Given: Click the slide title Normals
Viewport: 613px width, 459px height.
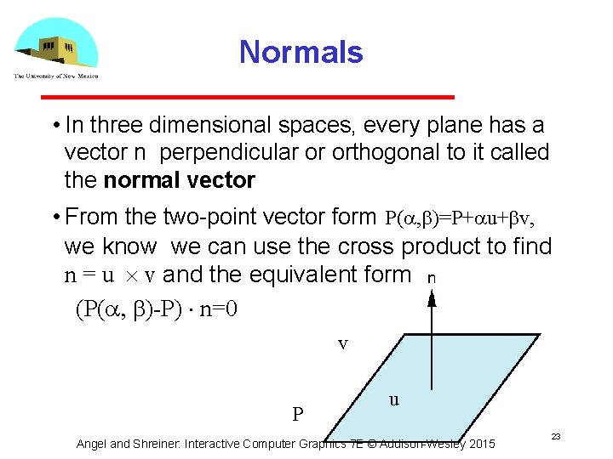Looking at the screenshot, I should click(301, 52).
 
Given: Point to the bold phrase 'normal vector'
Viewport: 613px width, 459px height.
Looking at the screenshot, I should click(179, 180).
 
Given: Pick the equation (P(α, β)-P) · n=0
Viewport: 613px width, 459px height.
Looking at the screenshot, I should click(157, 309).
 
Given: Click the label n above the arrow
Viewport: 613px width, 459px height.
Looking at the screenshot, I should click(433, 277).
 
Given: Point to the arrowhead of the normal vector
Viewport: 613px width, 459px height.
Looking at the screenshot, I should click(433, 297).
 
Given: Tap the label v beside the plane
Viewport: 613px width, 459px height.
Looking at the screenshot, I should click(342, 343).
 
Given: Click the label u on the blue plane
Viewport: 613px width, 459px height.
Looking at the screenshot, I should click(393, 399).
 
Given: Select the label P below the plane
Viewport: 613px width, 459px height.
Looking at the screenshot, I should click(298, 415).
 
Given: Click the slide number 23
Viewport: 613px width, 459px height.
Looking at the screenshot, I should click(555, 436).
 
